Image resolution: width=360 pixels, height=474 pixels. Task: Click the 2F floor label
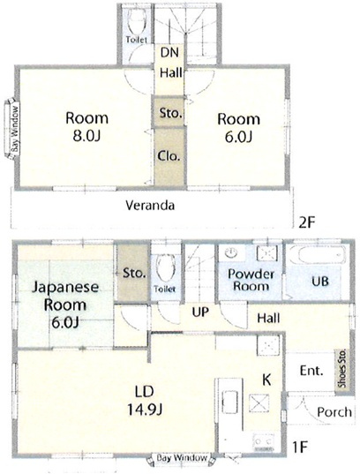pos(307,223)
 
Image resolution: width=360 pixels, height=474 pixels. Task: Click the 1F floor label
pos(300,447)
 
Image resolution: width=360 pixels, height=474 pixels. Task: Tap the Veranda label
pos(150,206)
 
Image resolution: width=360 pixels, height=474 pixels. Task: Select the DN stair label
pos(169,53)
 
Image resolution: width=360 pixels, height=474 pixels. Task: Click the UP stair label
pos(200,312)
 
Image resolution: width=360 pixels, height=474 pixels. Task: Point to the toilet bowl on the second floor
pos(136,22)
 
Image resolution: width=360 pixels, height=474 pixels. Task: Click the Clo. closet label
pos(169,156)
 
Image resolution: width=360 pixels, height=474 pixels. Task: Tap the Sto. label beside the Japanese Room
pos(134,274)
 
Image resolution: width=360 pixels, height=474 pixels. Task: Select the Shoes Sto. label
pos(342,369)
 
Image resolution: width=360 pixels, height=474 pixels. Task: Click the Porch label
pos(334,411)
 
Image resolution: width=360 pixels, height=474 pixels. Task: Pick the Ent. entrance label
pos(311,371)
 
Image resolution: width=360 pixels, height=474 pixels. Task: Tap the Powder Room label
pos(251,280)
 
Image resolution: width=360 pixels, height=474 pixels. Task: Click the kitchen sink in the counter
pos(230,402)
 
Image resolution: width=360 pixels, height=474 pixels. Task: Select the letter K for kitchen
pos(266,380)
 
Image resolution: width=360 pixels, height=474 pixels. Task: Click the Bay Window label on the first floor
pos(183,458)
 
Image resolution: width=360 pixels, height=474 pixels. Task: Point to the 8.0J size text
pos(86,136)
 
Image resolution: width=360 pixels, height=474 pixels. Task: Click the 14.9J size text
pos(145,410)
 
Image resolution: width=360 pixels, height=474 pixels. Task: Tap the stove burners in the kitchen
pos(264,441)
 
